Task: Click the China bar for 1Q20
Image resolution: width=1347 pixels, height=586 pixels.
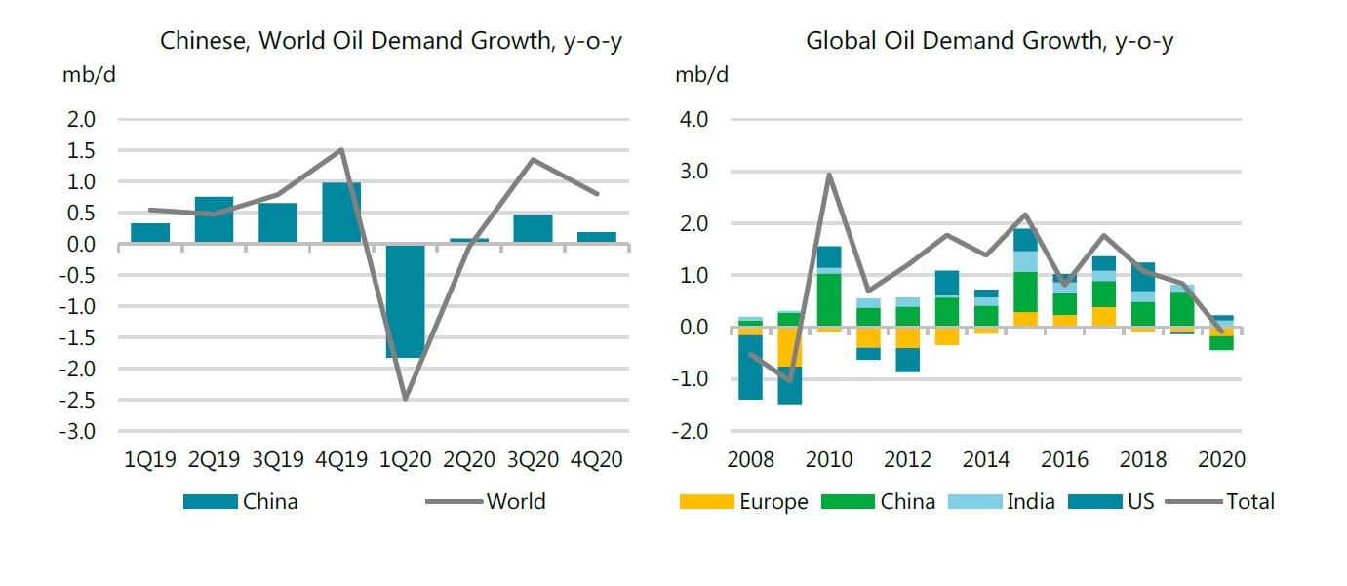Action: [405, 300]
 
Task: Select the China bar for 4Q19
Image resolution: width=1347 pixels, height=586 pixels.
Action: [341, 213]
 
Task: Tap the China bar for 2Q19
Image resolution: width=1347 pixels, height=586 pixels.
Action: [214, 219]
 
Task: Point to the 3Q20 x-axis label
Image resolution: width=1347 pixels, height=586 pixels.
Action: [533, 459]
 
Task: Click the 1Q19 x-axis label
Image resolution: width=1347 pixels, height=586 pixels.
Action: [150, 459]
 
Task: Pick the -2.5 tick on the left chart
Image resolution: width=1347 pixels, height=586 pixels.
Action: [79, 400]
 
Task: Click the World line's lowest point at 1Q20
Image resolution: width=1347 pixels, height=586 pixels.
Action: [405, 398]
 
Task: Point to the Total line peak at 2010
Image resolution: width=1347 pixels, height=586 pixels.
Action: [829, 176]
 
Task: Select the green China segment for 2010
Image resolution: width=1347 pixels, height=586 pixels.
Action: [829, 300]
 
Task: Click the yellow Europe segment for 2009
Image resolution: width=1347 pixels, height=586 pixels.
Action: [790, 346]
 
